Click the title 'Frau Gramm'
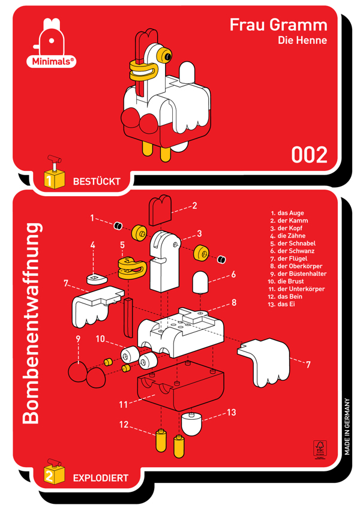pyautogui.click(x=278, y=25)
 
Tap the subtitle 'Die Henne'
pyautogui.click(x=302, y=40)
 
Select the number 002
pyautogui.click(x=309, y=155)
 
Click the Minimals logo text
pyautogui.click(x=51, y=61)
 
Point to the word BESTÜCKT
pyautogui.click(x=97, y=181)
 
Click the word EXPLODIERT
pyautogui.click(x=101, y=478)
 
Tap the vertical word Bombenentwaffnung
pyautogui.click(x=31, y=323)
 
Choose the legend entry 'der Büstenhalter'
pyautogui.click(x=298, y=273)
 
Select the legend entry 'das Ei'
pyautogui.click(x=281, y=304)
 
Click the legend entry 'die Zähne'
pyautogui.click(x=288, y=236)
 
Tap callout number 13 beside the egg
pyautogui.click(x=232, y=413)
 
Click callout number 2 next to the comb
pyautogui.click(x=194, y=205)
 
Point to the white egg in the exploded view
pyautogui.click(x=191, y=424)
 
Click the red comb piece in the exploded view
pyautogui.click(x=160, y=210)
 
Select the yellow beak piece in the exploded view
pyautogui.click(x=132, y=268)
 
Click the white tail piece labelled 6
pyautogui.click(x=200, y=282)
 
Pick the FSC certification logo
pyautogui.click(x=320, y=449)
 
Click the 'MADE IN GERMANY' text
pyautogui.click(x=347, y=426)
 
